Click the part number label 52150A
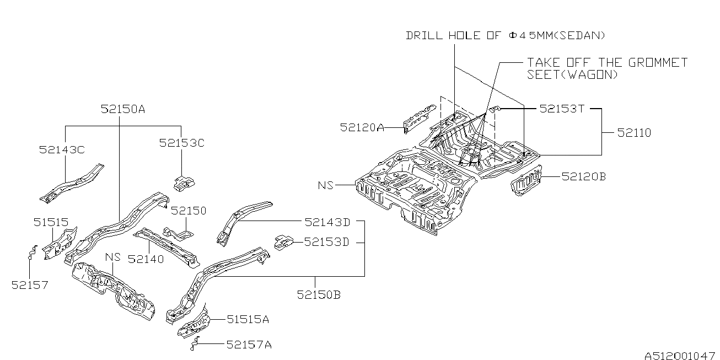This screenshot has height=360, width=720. click(x=123, y=109)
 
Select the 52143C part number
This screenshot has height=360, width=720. click(x=62, y=150)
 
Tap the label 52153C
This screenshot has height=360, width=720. click(x=181, y=143)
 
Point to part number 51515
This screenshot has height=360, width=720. click(x=51, y=222)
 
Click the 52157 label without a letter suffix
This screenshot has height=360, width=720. click(x=30, y=285)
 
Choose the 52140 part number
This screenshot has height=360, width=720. click(x=146, y=259)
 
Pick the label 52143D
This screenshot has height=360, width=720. click(x=327, y=222)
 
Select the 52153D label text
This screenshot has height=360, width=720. click(x=326, y=241)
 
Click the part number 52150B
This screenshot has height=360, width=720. click(x=319, y=294)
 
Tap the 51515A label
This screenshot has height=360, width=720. click(x=248, y=319)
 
